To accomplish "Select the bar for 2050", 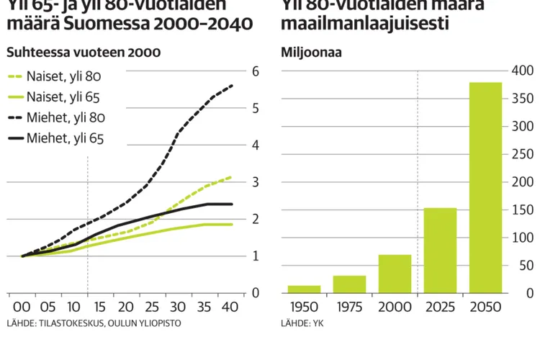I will click(x=486, y=188).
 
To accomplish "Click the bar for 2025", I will click(x=440, y=251).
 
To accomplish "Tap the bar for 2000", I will click(x=395, y=274).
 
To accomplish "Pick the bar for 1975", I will click(x=349, y=284).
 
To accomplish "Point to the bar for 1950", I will click(x=304, y=289).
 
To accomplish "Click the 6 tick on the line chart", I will click(x=256, y=71).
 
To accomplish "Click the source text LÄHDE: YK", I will click(x=302, y=323).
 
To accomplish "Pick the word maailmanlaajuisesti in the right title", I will click(x=365, y=23).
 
